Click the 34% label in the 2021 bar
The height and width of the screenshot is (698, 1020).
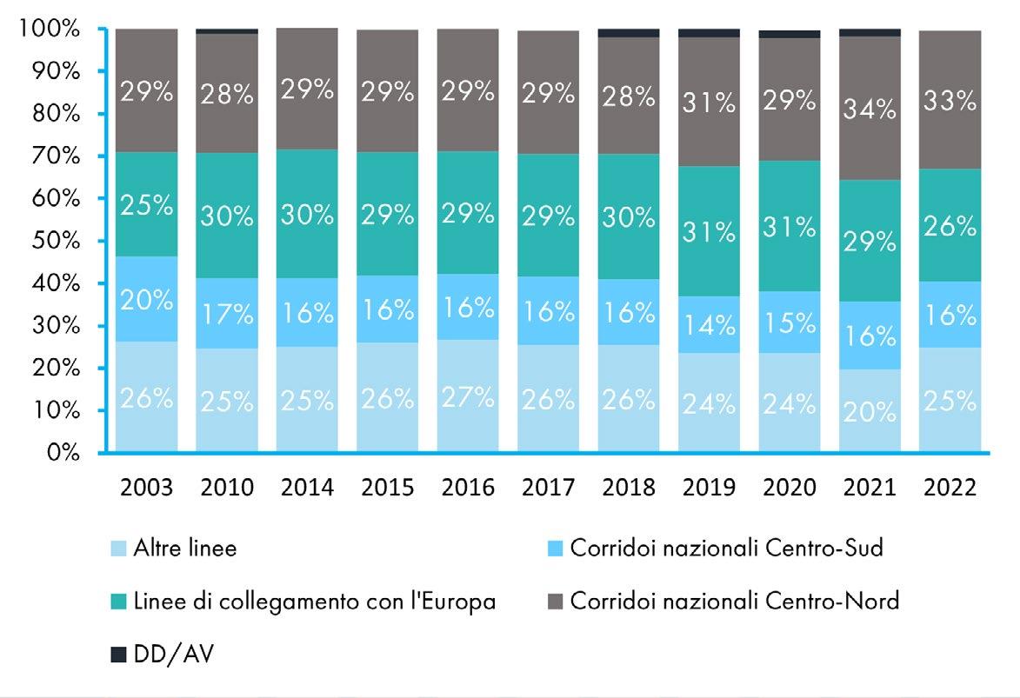pos(870,110)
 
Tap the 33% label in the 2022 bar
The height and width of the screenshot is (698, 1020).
pos(950,102)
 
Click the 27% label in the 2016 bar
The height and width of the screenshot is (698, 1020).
pos(468,398)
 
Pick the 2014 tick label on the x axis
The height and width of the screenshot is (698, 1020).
pos(307,487)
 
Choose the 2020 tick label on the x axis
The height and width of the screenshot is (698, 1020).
pos(789,487)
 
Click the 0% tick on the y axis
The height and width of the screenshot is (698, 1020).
pos(63,453)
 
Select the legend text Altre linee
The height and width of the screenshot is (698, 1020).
pos(184,549)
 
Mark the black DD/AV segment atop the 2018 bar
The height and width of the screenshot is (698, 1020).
pos(629,33)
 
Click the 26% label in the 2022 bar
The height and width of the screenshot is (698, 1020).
pos(950,228)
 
